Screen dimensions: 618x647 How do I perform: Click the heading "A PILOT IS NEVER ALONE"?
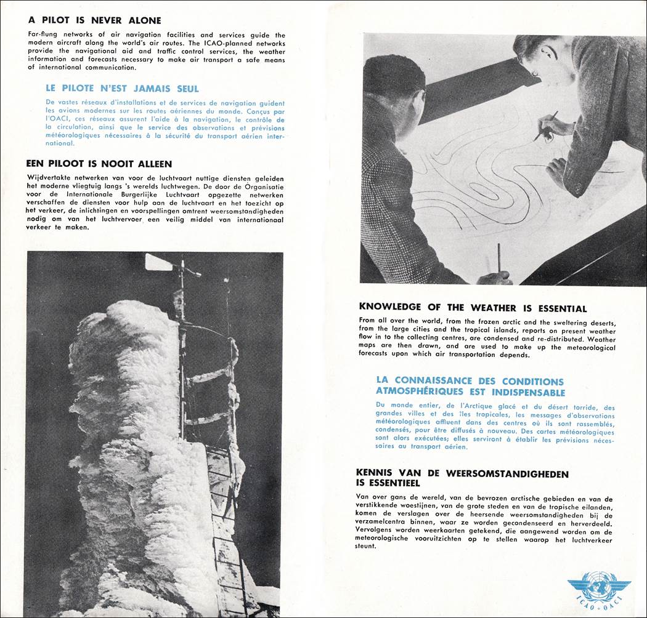(94, 20)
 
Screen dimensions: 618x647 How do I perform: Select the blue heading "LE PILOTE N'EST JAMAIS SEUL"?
(122, 89)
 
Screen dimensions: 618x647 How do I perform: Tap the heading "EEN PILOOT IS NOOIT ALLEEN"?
(99, 164)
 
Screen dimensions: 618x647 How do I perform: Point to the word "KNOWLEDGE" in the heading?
(390, 307)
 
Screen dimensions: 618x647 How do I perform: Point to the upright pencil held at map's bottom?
(498, 259)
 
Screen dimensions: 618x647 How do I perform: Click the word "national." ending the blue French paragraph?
(60, 143)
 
